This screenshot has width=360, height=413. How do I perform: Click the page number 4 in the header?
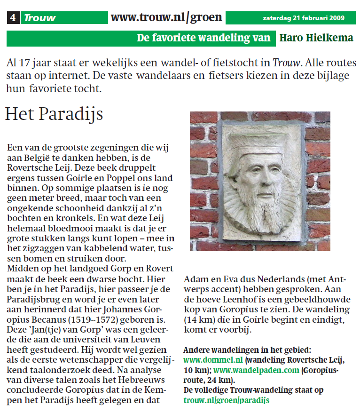pos(13,18)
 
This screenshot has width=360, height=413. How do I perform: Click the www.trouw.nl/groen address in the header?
pos(166,18)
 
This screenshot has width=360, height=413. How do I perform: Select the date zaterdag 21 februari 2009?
pos(304,18)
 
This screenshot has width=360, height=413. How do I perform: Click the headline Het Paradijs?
pos(54,114)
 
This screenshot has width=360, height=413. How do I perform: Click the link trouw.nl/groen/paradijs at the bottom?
pos(226,400)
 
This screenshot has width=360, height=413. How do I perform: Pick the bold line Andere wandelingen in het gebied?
pos(247,350)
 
